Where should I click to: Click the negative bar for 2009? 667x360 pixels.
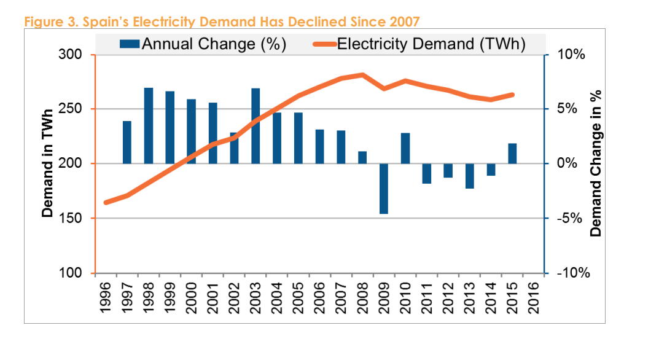point(384,189)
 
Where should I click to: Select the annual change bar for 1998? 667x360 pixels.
point(149,126)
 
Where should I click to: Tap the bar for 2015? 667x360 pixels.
point(512,154)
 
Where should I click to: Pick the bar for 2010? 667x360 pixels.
point(405,148)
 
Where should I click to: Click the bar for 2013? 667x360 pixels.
point(470,176)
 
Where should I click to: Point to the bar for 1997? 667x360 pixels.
point(127,143)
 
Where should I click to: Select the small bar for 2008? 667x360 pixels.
point(362,157)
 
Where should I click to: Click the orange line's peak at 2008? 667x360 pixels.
point(362,75)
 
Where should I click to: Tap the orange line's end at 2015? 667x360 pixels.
point(512,95)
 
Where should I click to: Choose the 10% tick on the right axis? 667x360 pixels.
point(571,55)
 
